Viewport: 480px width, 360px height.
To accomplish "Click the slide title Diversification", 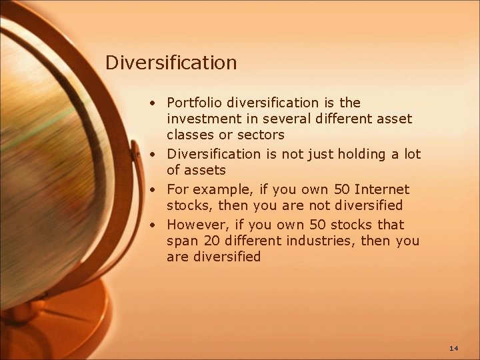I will (x=171, y=63).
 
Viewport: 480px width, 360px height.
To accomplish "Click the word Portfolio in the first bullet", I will (x=195, y=103).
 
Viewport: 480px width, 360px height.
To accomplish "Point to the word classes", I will (x=189, y=135).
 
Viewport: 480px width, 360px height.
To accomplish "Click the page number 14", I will (x=454, y=348).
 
